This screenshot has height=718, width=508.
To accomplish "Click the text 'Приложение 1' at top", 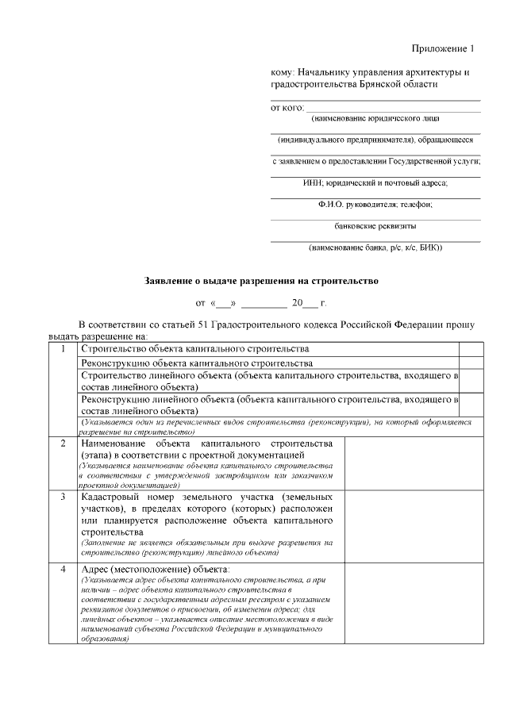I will click(x=443, y=49).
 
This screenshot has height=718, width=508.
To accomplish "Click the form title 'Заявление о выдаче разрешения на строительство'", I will click(x=262, y=281).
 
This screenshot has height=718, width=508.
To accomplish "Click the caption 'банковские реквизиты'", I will click(x=375, y=225).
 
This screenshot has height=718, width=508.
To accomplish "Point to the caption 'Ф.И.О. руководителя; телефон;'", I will click(x=375, y=204).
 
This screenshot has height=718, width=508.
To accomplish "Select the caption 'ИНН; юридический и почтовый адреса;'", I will click(x=375, y=182).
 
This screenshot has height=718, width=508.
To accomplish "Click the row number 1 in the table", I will click(x=63, y=349).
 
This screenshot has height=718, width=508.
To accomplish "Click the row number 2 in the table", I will click(x=63, y=443).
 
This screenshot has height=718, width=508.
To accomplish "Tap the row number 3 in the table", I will click(x=63, y=497).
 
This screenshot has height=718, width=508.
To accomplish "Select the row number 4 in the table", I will click(x=63, y=570).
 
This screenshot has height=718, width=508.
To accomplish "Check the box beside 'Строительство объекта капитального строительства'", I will click(x=470, y=349).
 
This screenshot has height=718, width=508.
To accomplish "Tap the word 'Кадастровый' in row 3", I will click(x=113, y=497).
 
